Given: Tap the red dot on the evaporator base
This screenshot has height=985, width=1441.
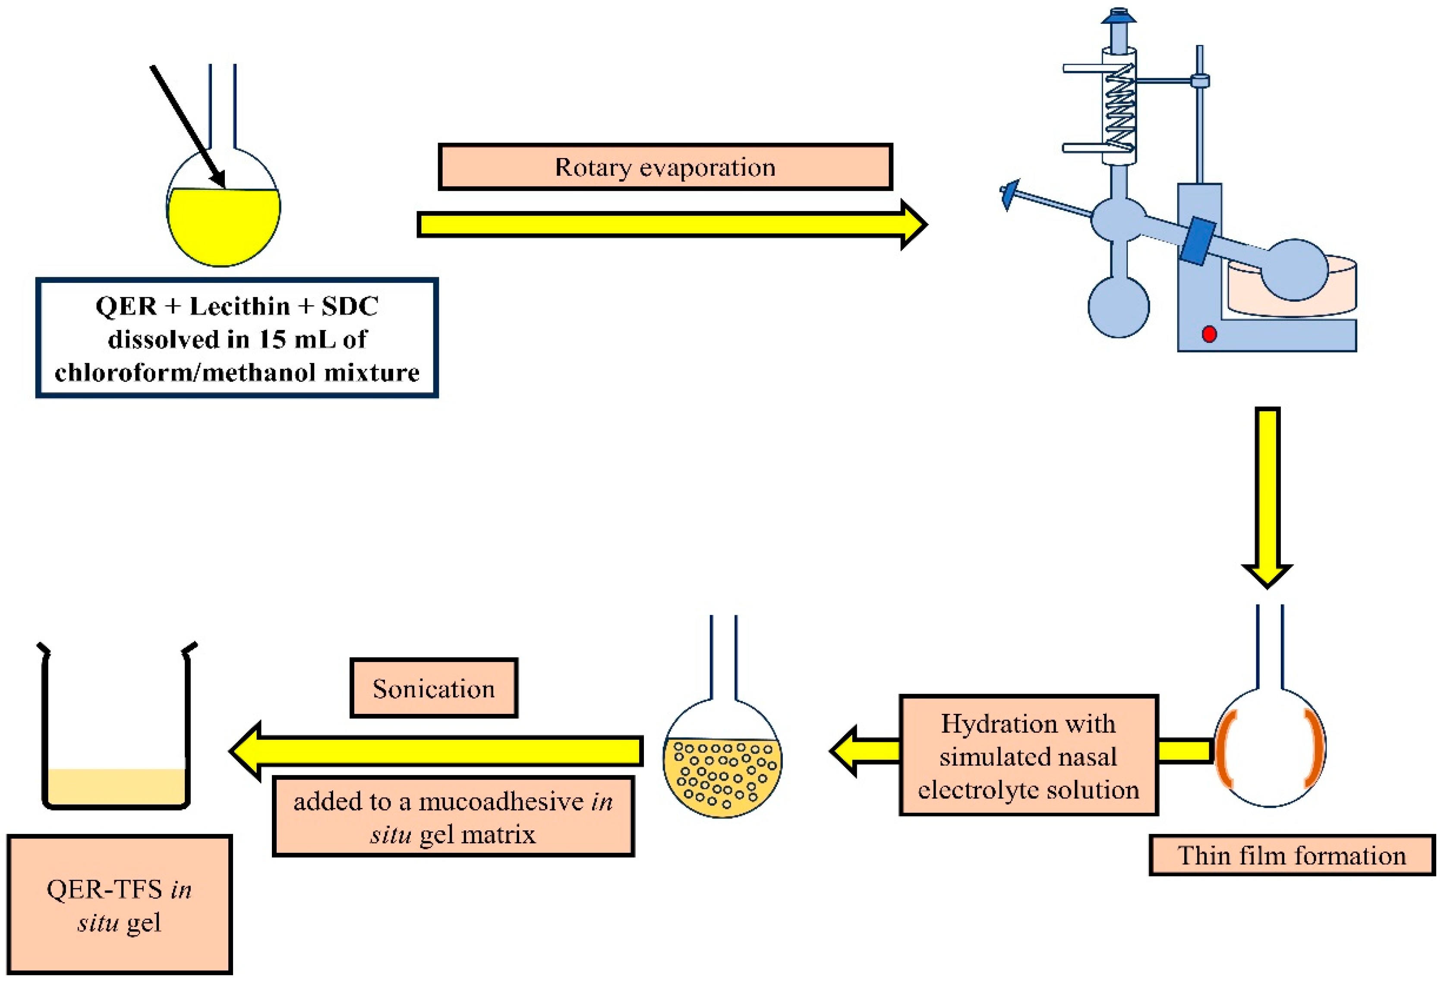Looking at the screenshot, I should point(1209,334).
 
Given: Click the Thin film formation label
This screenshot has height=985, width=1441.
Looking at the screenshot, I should point(1292,855).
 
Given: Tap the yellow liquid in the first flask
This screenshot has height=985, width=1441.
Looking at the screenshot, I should point(223,226).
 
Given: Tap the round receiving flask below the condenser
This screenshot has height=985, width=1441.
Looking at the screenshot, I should point(1119,307).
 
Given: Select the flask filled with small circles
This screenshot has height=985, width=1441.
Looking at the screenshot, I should point(722,775).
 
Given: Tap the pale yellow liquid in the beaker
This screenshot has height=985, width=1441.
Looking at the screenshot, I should point(116,786).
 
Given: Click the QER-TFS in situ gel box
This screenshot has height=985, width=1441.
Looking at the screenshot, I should point(119,905).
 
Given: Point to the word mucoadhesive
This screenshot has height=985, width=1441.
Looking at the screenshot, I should point(501,802).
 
